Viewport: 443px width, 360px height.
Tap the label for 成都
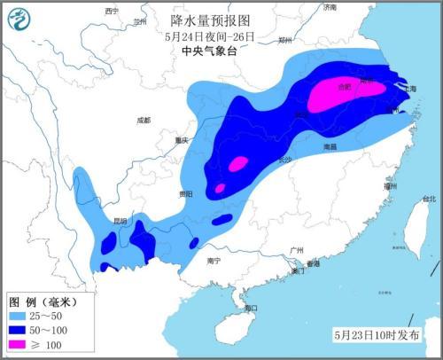click(144, 120)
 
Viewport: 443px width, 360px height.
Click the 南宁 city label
click(212, 261)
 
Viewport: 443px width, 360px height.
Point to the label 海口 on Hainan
click(250, 308)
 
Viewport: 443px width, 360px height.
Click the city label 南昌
click(330, 146)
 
